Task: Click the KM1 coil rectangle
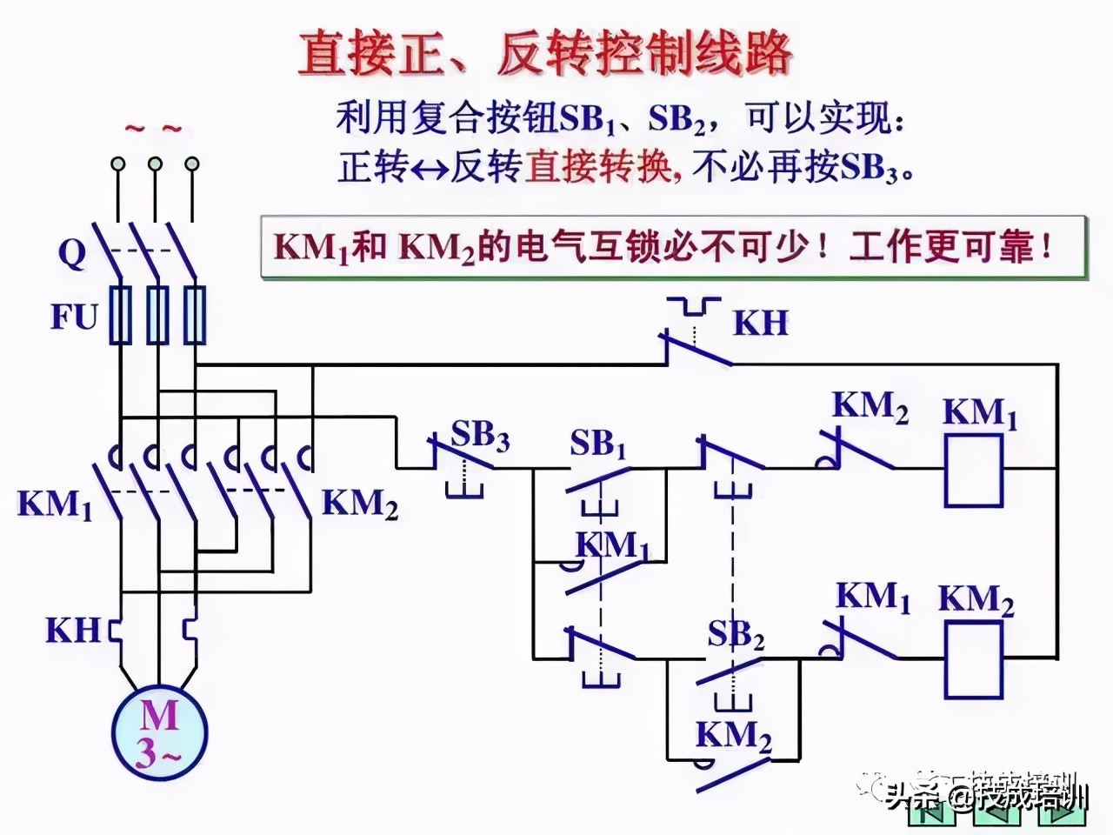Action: point(973,471)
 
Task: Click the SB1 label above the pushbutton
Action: point(598,444)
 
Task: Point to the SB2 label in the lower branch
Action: point(736,635)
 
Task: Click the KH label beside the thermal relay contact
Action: point(761,323)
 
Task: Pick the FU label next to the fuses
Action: point(74,317)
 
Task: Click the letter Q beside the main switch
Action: point(73,254)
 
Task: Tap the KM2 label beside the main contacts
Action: point(360,504)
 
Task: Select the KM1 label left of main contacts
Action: point(55,504)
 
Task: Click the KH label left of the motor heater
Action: point(73,630)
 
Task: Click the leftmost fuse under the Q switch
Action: point(119,315)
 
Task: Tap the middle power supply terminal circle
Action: point(155,164)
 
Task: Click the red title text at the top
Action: point(545,54)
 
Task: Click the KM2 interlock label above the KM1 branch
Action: point(870,406)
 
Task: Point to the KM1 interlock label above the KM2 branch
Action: point(872,598)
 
